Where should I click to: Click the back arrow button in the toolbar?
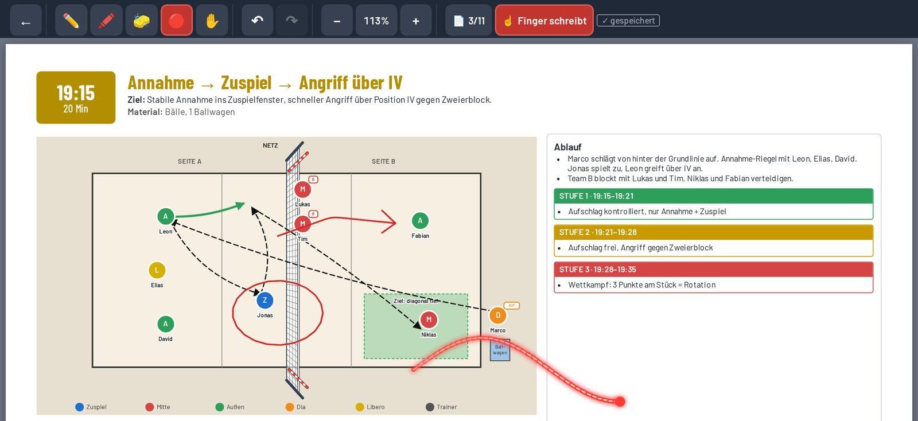(x=25, y=21)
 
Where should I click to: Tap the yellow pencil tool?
(x=71, y=21)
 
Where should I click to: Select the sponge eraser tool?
(x=141, y=21)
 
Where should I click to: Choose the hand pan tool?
(x=212, y=21)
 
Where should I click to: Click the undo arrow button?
(x=258, y=21)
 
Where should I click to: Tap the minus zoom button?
(x=337, y=21)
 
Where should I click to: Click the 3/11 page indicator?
(x=468, y=21)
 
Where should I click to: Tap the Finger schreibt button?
(x=544, y=21)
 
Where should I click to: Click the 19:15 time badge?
(x=76, y=98)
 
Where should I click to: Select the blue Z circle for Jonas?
(x=264, y=300)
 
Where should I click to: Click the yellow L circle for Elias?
(x=157, y=270)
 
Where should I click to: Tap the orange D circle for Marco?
(x=498, y=315)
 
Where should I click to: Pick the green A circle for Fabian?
(x=420, y=221)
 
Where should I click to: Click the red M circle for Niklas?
(x=429, y=319)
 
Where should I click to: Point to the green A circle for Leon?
(x=166, y=216)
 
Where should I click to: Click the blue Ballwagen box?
(x=500, y=350)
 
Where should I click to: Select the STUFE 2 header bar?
(x=714, y=232)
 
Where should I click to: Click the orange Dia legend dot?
(x=290, y=407)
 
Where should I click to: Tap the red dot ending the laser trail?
(x=620, y=401)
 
